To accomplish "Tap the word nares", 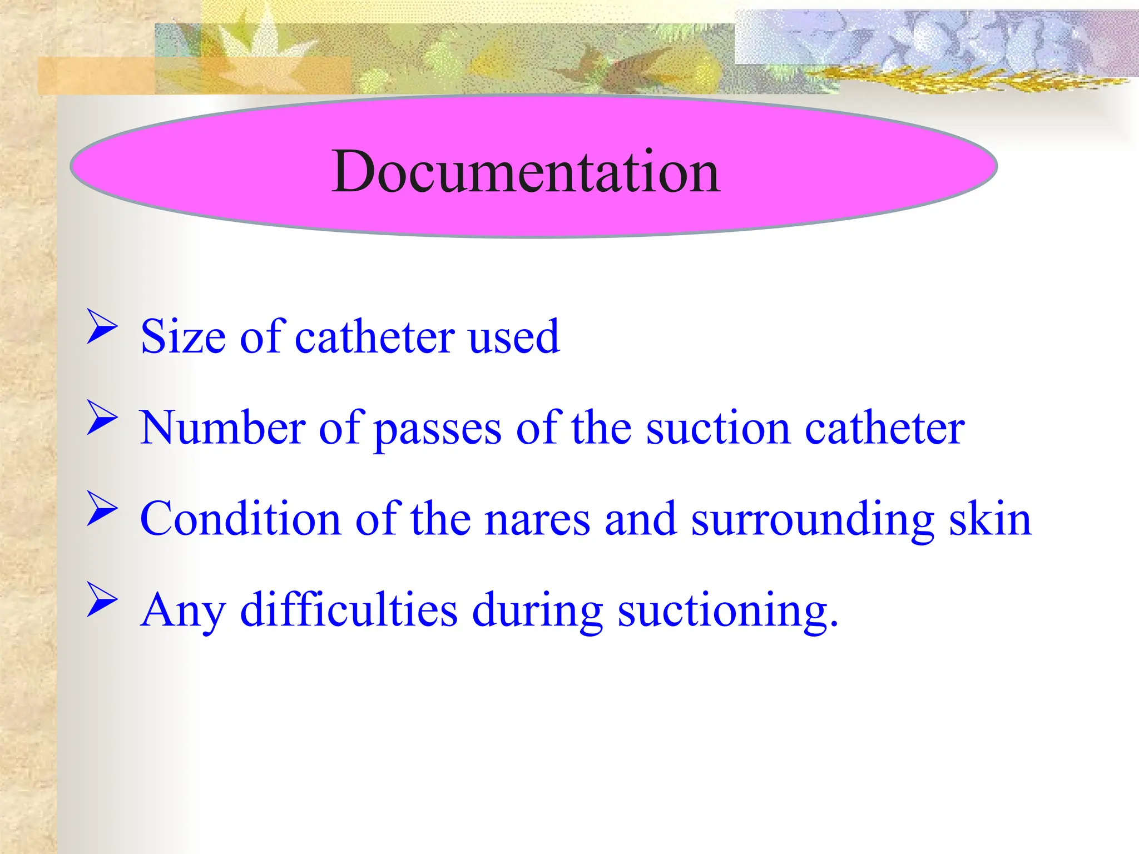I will coord(537,520).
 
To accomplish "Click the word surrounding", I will coord(812,520).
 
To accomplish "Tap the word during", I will coord(537,610).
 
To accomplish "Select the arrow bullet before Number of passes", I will coord(102,418).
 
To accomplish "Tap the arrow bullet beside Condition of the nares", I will coord(102,509).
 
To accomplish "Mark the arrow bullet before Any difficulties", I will coord(102,600).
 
